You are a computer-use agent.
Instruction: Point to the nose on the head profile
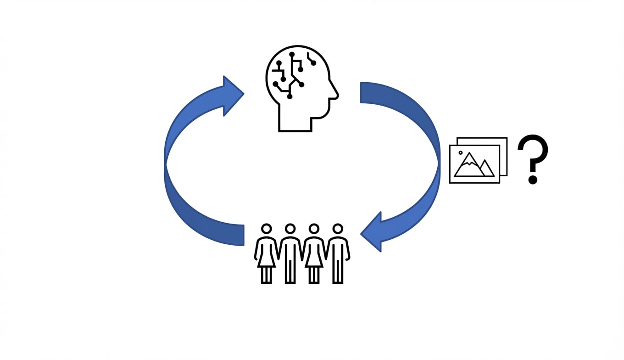[336, 96]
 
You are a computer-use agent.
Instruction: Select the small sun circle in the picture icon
[461, 152]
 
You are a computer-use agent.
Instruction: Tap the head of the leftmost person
[266, 229]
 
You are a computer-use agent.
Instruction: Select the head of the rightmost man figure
[338, 229]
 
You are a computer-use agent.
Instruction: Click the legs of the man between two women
[290, 271]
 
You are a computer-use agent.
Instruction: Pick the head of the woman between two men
[314, 229]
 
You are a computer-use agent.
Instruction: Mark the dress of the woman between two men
[314, 255]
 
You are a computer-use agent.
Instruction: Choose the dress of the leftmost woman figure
[266, 255]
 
